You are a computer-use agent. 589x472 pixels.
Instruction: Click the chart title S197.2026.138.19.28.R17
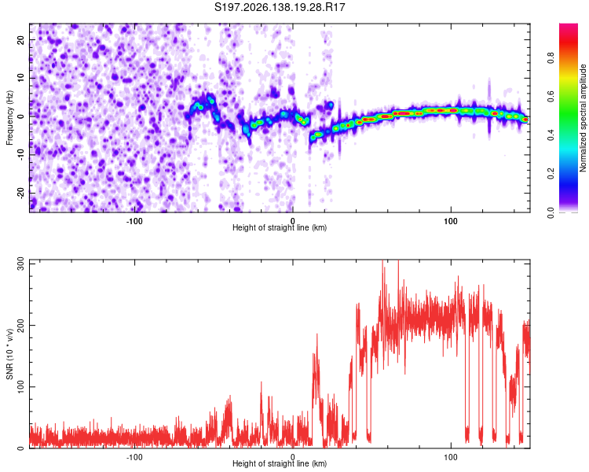(x=280, y=7)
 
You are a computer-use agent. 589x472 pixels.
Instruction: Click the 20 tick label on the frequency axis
(x=21, y=39)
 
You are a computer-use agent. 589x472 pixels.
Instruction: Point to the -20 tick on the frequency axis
(x=21, y=193)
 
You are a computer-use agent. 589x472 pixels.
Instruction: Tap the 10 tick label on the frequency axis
(x=21, y=78)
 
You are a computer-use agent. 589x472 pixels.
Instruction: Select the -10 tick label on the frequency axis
(x=21, y=155)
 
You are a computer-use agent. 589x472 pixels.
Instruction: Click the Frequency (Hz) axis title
(x=9, y=118)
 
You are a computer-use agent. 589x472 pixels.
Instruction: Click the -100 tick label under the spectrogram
(x=134, y=221)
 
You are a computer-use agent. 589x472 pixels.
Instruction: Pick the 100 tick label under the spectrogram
(x=451, y=221)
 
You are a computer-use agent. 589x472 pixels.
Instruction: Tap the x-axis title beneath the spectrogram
(x=280, y=227)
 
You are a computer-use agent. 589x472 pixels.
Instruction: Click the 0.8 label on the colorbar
(x=551, y=58)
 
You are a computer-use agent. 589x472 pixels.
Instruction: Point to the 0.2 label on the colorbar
(x=551, y=174)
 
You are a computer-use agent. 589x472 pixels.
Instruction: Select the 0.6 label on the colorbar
(x=551, y=96)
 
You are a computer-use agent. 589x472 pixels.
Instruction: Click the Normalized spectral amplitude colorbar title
(x=583, y=118)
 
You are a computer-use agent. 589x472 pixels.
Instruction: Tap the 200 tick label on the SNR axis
(x=21, y=325)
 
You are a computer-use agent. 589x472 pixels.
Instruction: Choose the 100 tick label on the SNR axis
(x=21, y=386)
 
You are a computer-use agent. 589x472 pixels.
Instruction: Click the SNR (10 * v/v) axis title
(x=9, y=354)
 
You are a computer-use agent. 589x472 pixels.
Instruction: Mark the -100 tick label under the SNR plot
(x=134, y=457)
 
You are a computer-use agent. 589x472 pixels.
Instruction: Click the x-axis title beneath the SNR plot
(x=280, y=463)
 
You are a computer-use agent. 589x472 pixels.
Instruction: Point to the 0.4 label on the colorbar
(x=551, y=135)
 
